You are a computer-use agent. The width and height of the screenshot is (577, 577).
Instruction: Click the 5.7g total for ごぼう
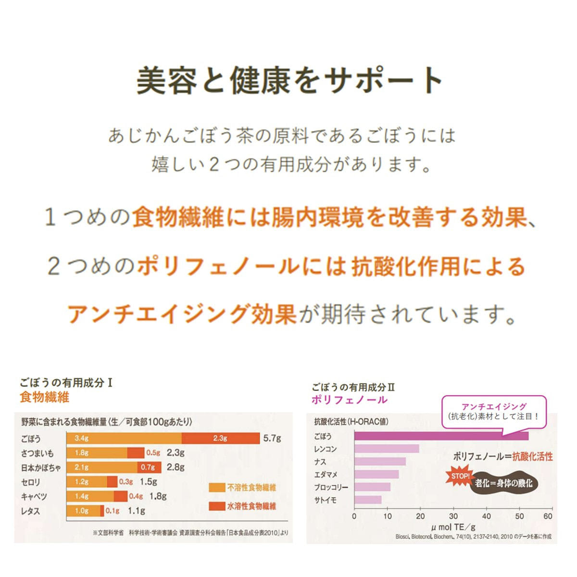coord(272,438)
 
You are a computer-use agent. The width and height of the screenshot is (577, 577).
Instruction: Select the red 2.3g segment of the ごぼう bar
coord(220,438)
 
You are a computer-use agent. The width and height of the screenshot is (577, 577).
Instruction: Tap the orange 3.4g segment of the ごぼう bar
coord(124,438)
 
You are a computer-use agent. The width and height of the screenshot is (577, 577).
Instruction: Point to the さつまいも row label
coord(38,453)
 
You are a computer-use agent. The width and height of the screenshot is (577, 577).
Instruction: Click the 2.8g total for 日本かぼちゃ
coord(176,467)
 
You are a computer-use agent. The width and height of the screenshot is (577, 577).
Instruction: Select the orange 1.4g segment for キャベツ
coord(90,496)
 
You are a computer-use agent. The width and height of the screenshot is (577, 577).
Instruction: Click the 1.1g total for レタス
coord(136,511)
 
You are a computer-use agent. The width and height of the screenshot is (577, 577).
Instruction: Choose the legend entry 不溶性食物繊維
coord(243,488)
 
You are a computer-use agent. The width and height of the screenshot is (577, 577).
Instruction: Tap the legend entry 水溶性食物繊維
coord(243,506)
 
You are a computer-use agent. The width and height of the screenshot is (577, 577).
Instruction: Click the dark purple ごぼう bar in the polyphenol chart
coord(441,436)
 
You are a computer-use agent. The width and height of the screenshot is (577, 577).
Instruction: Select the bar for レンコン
coord(387,449)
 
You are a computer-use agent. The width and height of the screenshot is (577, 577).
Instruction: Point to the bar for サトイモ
coord(368,500)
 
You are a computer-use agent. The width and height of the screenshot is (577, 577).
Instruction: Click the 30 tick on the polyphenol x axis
coord(453,516)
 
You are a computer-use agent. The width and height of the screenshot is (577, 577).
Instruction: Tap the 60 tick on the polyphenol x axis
coord(548,516)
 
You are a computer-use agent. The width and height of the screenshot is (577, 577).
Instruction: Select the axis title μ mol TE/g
coord(453,527)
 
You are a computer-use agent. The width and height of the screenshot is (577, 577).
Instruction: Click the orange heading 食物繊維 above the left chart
coord(45,397)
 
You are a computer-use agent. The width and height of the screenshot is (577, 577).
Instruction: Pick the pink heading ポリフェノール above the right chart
coord(349,400)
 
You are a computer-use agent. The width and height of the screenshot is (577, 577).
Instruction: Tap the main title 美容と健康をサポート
coord(288,80)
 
